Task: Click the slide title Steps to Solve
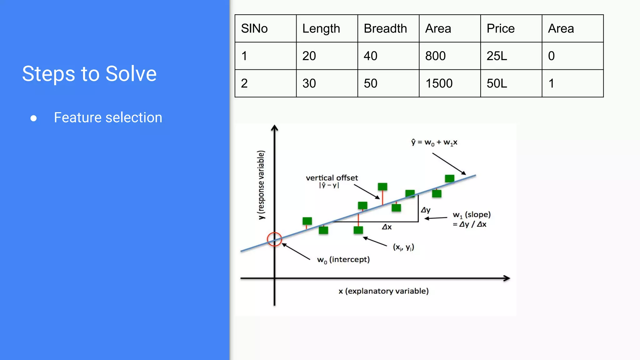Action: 89,74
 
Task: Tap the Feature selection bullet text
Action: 108,117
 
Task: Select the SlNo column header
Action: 254,29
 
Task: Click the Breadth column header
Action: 385,29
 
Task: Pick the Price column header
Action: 500,29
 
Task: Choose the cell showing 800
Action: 435,56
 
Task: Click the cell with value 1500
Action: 439,83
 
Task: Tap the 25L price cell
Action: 497,56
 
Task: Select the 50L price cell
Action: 497,83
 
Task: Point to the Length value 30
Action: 309,83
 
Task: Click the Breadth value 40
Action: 371,56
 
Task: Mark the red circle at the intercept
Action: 274,239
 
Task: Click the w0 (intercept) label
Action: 343,260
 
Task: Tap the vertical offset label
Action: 332,178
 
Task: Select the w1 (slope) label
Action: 472,215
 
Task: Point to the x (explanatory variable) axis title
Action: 383,291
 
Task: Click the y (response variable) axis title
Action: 261,185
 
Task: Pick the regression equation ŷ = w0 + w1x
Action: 434,142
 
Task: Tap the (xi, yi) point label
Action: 403,247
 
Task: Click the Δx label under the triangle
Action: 387,227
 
